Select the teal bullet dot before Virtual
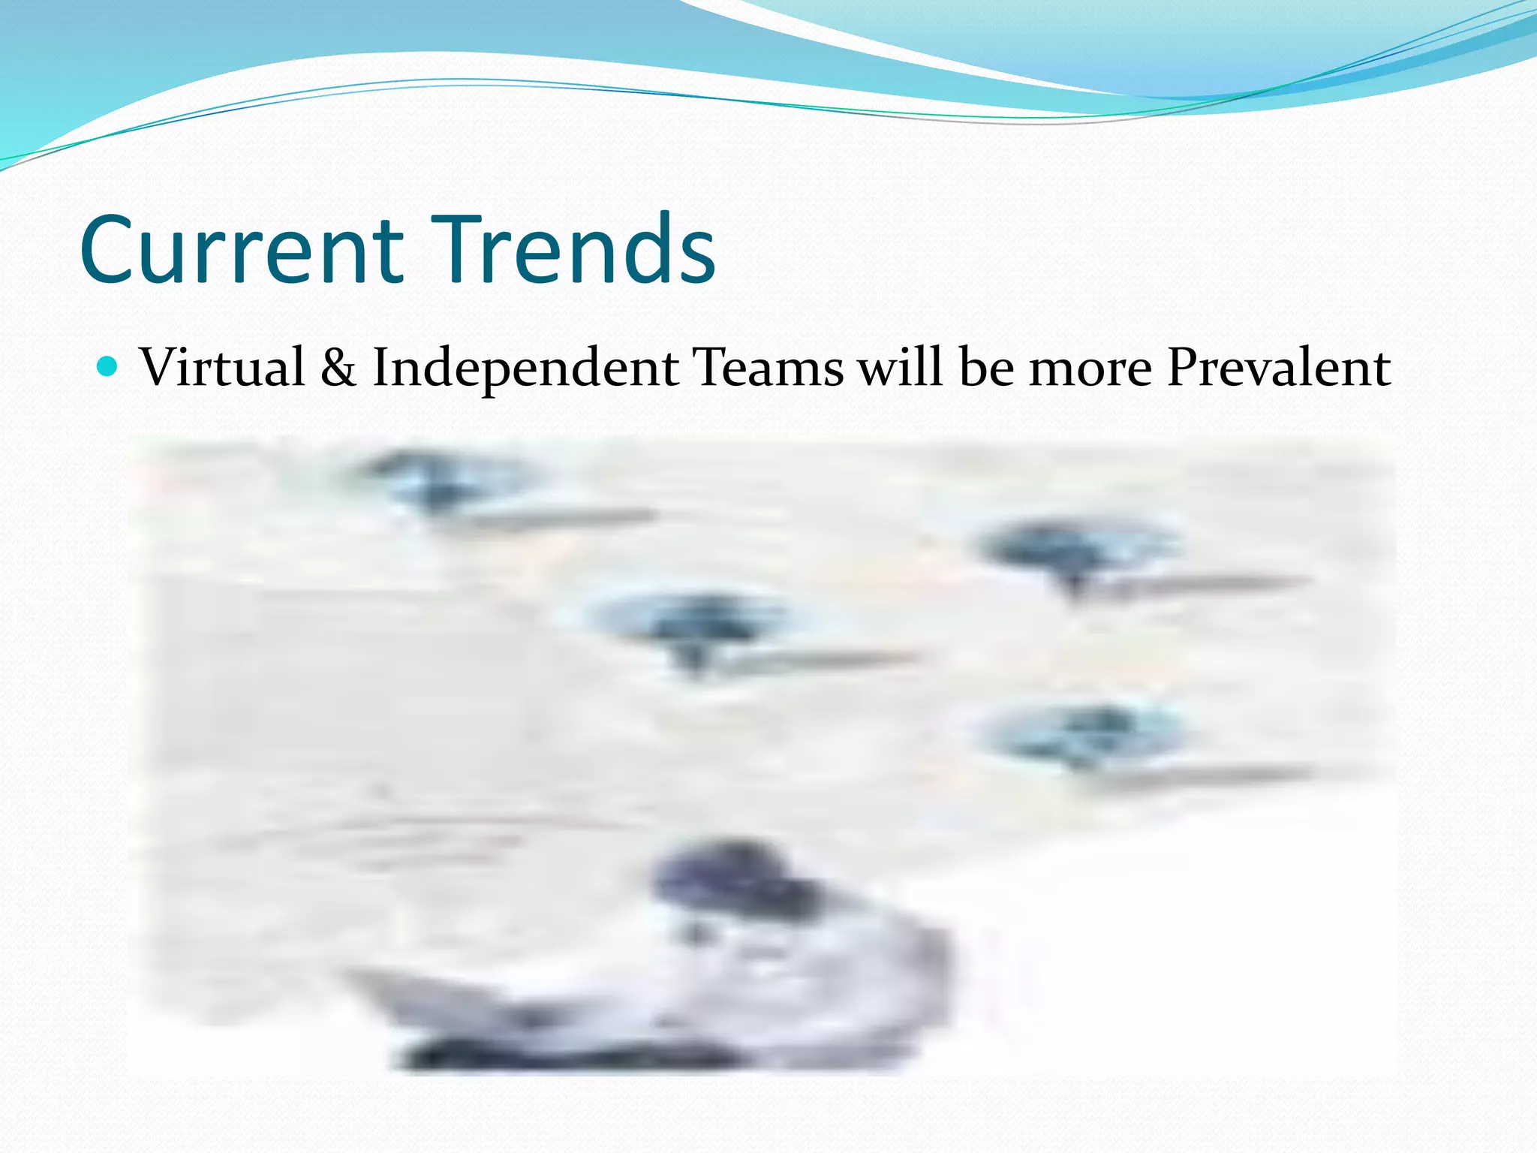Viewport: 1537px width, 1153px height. [109, 367]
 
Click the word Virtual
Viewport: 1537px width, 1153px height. [223, 368]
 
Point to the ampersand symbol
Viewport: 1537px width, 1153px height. [338, 368]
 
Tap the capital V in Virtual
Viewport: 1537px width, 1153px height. [161, 368]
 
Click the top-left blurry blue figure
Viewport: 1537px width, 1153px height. [435, 480]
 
